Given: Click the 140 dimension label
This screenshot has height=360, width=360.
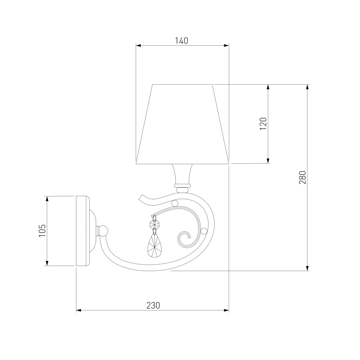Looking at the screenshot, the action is (x=181, y=41).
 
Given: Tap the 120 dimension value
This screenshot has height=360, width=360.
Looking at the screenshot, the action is (x=264, y=124).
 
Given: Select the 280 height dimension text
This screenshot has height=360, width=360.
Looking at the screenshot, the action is (x=303, y=177).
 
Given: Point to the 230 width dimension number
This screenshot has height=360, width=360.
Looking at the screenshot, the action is (x=153, y=305).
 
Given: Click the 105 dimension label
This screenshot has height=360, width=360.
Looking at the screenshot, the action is (x=42, y=230).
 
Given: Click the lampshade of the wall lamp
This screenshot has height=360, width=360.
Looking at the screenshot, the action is (x=183, y=124).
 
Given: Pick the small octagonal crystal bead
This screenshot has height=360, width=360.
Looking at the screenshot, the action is (x=154, y=224).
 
